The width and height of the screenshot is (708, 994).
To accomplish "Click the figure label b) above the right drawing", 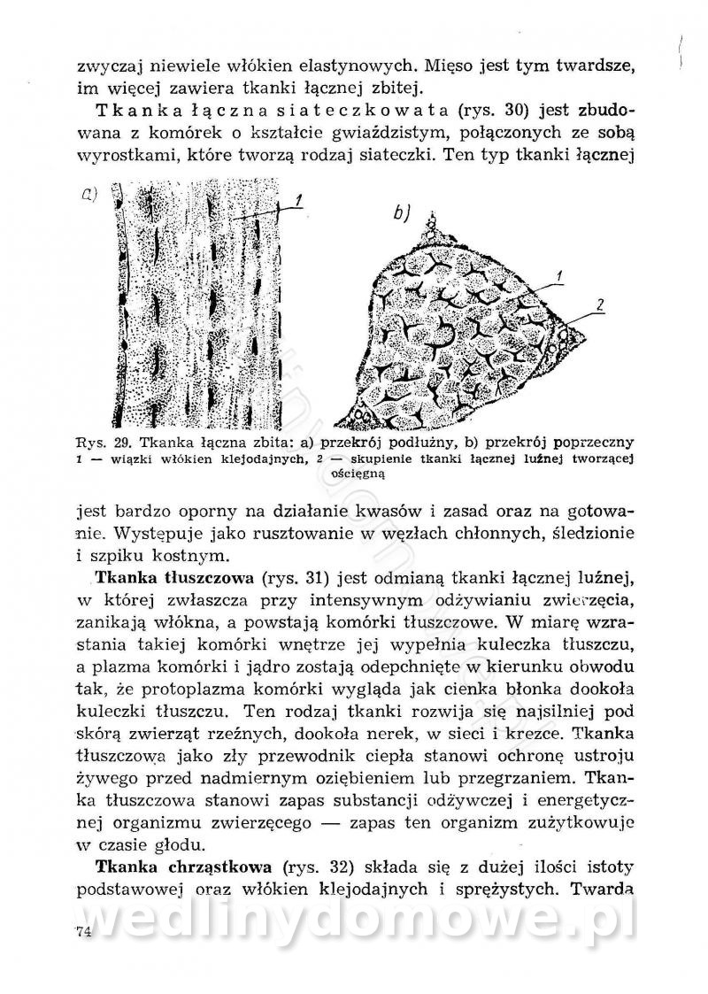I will tap(403, 212).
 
